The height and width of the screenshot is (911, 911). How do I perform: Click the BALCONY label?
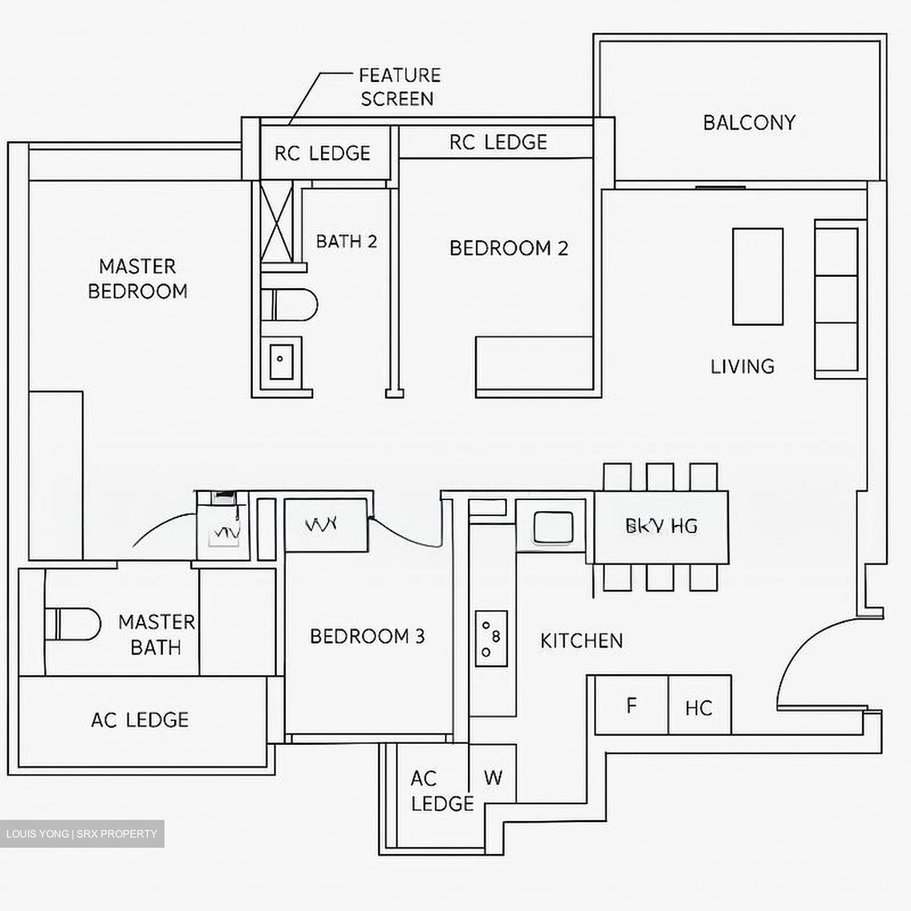(x=749, y=122)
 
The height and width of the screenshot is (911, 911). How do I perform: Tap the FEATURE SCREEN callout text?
(x=399, y=87)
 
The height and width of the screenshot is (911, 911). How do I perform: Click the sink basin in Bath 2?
(x=281, y=361)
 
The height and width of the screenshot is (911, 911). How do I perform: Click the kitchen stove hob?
(x=492, y=638)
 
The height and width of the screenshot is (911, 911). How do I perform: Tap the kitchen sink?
(x=553, y=527)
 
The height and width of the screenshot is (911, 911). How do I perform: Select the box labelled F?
(x=631, y=705)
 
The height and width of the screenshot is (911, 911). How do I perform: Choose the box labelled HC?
(x=699, y=707)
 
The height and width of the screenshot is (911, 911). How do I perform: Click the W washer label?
(x=493, y=778)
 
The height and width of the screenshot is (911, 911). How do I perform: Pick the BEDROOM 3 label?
(x=367, y=636)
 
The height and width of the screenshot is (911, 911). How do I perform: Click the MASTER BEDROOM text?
(x=137, y=278)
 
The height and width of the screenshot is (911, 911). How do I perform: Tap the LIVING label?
(x=742, y=366)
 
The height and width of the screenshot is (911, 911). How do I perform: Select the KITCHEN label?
(x=581, y=641)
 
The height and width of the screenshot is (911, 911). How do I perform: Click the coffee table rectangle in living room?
(x=757, y=276)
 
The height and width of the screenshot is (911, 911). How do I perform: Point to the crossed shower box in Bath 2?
(x=277, y=221)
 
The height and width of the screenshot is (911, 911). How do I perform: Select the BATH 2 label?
(x=346, y=241)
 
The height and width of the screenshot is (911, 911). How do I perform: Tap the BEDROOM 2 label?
(x=509, y=248)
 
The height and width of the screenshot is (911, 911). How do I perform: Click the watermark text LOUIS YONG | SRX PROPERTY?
(x=82, y=834)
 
